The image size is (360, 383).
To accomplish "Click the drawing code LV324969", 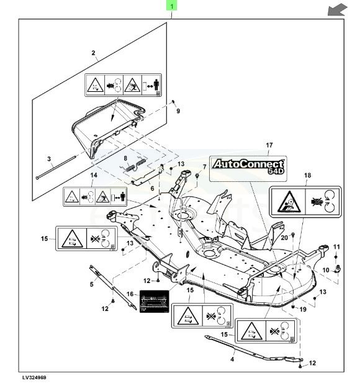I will [34, 377].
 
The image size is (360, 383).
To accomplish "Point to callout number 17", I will [269, 145].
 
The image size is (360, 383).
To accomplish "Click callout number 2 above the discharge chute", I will [94, 53].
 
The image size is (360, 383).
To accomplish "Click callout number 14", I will [93, 176].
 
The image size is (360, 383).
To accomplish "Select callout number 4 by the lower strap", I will [232, 359].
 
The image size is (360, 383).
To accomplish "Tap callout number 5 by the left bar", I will [91, 284].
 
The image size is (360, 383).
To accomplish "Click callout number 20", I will [284, 237].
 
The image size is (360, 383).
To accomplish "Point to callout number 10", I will [325, 269].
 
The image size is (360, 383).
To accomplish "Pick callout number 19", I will [304, 309].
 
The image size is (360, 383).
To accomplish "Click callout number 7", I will [205, 167].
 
